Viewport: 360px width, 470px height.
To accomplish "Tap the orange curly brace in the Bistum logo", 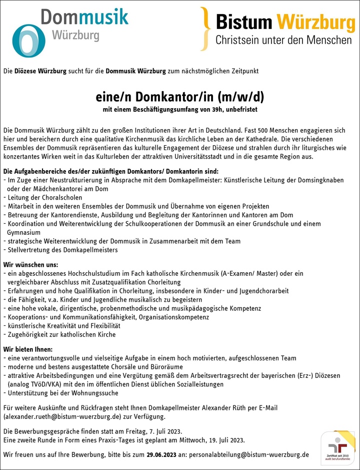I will point(204,29).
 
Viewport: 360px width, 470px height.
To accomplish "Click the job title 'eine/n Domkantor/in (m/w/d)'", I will point(180,96).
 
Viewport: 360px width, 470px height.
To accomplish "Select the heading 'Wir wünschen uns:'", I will point(31,264).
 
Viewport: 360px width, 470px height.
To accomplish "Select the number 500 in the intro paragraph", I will point(259,130).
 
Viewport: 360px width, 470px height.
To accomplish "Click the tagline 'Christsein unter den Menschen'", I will point(283,40).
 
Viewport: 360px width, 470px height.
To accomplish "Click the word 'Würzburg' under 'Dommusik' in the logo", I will point(75,37).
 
